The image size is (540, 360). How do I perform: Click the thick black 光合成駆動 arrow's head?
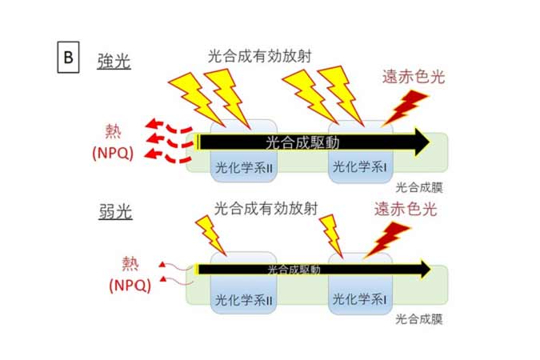(418, 142)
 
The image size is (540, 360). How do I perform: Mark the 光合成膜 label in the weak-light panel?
(419, 319)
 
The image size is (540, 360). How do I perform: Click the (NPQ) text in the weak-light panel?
(130, 286)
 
